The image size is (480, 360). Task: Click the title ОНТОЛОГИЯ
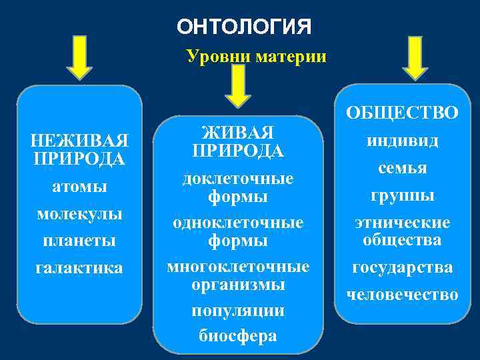pos(244,27)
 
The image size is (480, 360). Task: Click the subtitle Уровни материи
pos(257,56)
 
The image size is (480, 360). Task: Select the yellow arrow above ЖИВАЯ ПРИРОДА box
pos(238,85)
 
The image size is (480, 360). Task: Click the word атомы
pos(79,187)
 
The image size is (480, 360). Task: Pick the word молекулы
pos(79,215)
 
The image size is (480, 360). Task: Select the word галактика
pos(79,267)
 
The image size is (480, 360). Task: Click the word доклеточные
pos(238,179)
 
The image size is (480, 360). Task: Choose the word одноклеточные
pos(238,222)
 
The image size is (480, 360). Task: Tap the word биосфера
pos(238,335)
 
